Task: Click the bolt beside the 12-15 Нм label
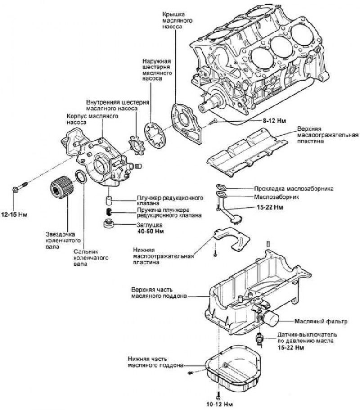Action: (x=20, y=187)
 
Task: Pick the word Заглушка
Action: (x=150, y=224)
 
